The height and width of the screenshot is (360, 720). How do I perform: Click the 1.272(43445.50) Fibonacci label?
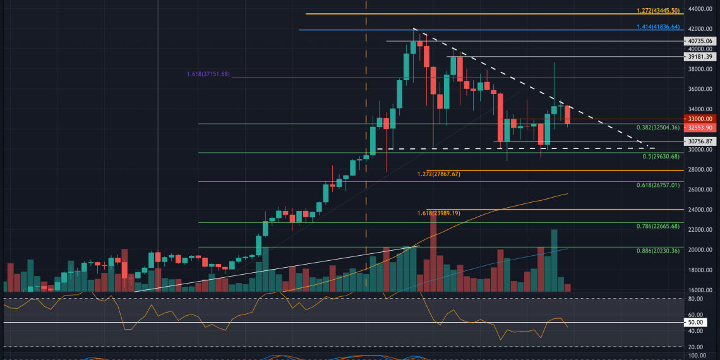657,11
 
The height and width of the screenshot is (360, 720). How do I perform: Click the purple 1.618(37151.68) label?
208,75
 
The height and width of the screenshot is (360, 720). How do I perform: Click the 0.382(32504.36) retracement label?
657,128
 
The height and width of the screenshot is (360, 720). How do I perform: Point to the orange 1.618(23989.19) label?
447,213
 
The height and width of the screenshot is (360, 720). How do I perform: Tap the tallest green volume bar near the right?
554,260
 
